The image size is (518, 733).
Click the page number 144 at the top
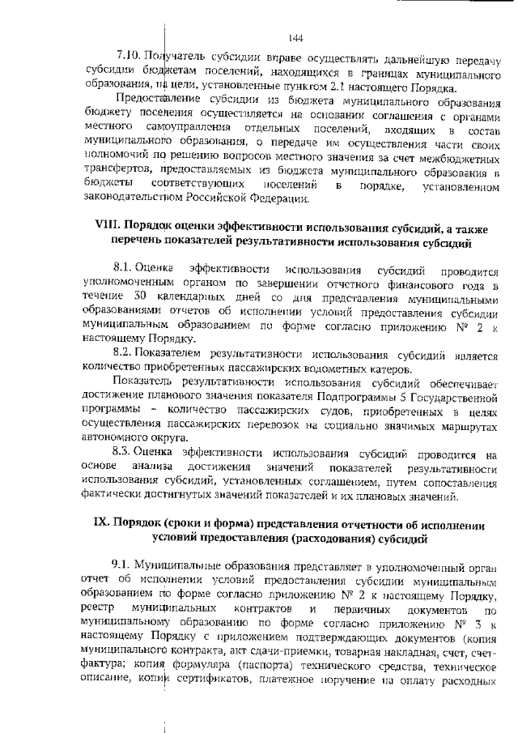[x=295, y=38]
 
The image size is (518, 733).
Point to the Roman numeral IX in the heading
[x=105, y=524]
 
